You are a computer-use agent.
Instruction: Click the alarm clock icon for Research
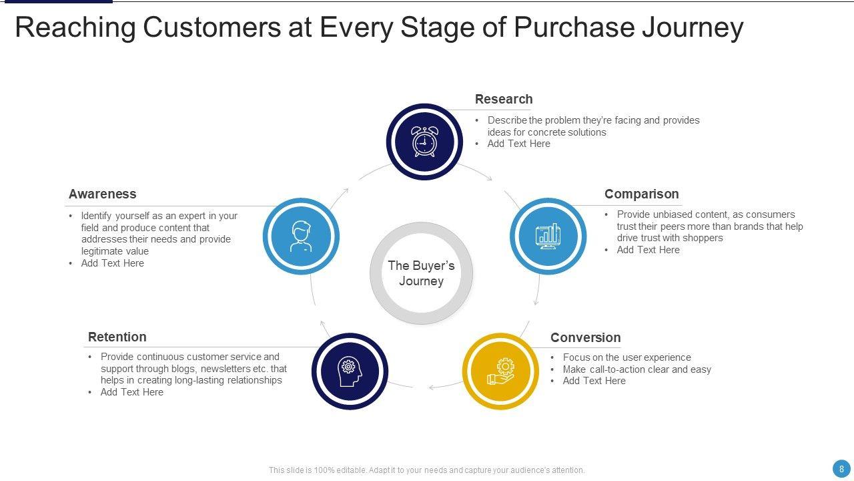coord(424,142)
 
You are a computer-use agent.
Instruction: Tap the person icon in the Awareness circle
coord(301,236)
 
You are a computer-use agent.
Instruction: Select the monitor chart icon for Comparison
coord(548,236)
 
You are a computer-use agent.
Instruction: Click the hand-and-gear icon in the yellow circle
coord(500,371)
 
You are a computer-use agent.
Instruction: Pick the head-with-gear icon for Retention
coord(349,371)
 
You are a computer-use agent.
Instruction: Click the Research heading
coord(504,100)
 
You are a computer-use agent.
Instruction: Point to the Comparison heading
coord(641,194)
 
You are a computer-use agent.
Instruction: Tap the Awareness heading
coord(102,194)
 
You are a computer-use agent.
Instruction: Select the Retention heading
coord(117,337)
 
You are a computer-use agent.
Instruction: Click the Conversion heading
coord(585,338)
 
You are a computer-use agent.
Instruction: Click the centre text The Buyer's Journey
coord(421,273)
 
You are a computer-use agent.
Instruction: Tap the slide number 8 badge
coord(841,469)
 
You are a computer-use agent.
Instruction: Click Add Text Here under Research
coord(518,144)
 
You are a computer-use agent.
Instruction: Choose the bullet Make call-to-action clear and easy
coord(636,369)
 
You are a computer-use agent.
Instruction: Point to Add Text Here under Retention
coord(131,392)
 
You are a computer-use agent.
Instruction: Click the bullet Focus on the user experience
coord(626,357)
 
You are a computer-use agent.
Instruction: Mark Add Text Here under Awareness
coord(112,263)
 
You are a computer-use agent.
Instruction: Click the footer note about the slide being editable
coord(426,470)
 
